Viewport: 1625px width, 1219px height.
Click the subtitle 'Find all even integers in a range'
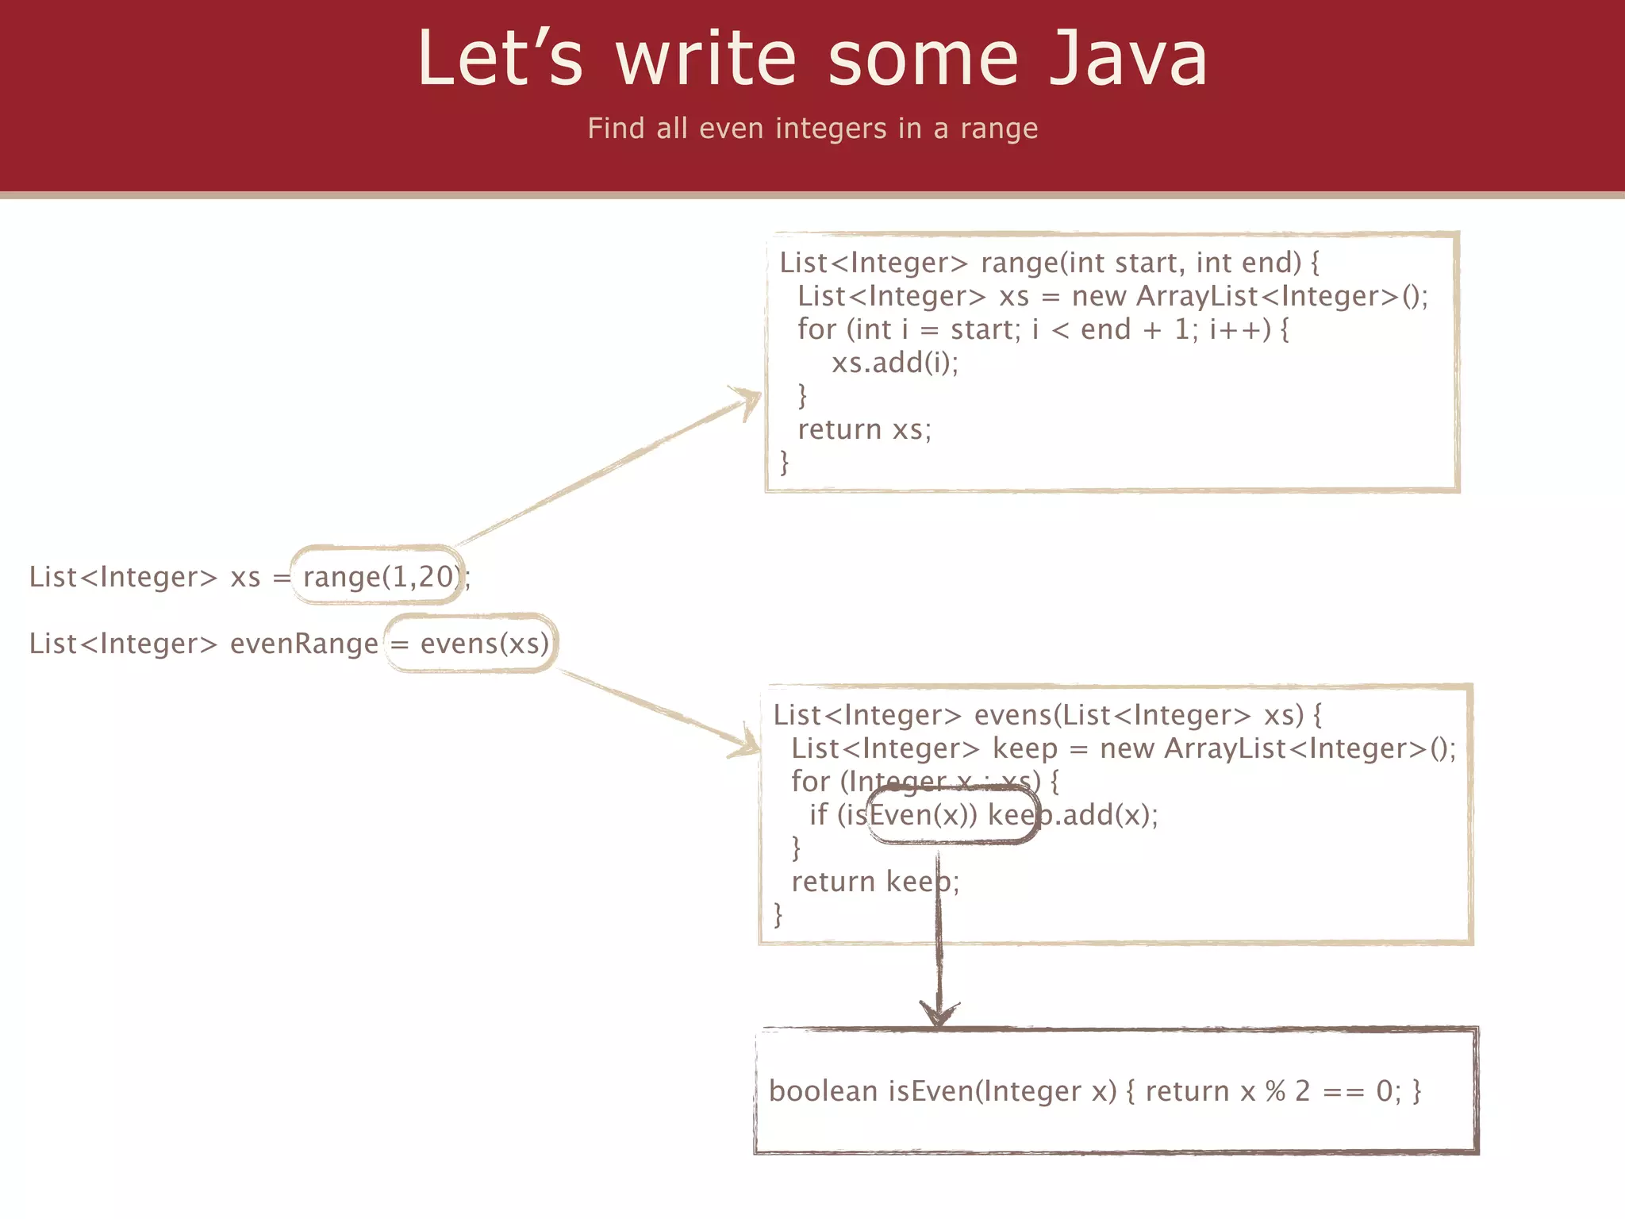(x=812, y=128)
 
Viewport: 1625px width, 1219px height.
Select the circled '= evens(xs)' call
(x=471, y=643)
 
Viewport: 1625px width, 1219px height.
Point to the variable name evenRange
(x=304, y=643)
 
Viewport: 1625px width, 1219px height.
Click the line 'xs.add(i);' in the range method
(x=894, y=363)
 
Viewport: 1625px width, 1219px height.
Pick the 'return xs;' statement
(x=864, y=429)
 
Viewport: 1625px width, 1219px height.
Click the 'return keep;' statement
(x=874, y=882)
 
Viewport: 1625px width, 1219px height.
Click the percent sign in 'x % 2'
(x=1275, y=1091)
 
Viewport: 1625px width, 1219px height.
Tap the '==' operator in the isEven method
(x=1343, y=1091)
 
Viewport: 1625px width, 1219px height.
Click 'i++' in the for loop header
(x=1235, y=329)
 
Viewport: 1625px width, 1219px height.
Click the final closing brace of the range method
(x=785, y=462)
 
